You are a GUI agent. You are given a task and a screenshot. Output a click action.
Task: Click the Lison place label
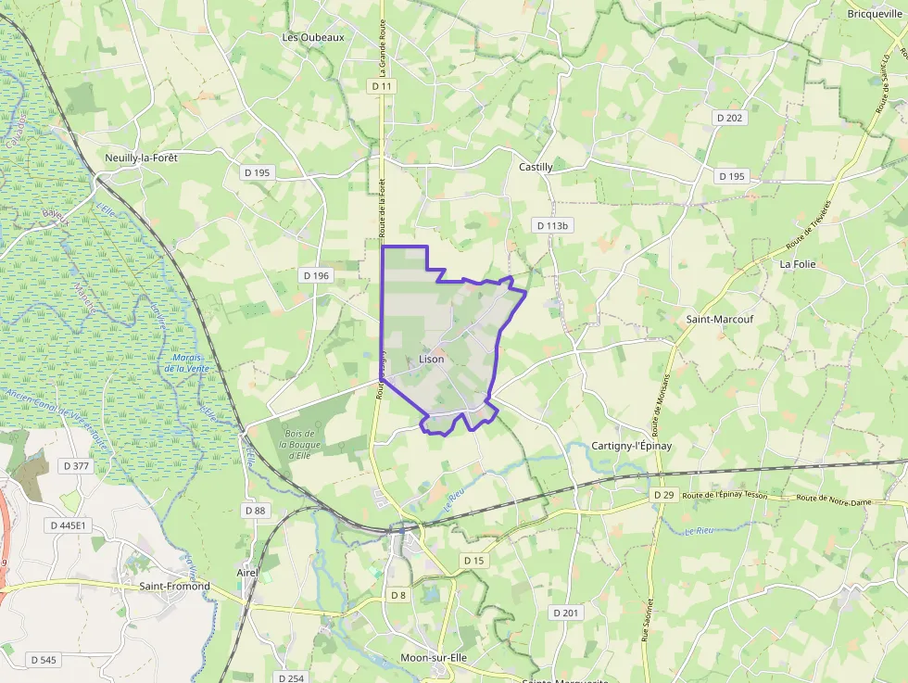tap(432, 359)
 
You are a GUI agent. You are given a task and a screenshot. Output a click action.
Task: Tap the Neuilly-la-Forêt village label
tap(141, 158)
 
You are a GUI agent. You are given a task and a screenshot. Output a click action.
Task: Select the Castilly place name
tap(536, 167)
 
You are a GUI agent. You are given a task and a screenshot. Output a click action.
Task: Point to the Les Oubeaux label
tap(313, 37)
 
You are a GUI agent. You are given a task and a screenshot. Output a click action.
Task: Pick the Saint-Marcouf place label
tap(719, 319)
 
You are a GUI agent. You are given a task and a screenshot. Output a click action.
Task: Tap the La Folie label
tap(797, 263)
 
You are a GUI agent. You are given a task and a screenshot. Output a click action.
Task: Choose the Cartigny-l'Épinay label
tap(631, 446)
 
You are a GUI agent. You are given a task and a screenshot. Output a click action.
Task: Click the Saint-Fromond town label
tap(174, 586)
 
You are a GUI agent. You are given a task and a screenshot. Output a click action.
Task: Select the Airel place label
tap(247, 573)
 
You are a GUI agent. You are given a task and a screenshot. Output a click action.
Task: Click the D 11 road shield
tap(382, 86)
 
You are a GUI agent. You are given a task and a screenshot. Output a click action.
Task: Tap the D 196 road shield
tap(316, 275)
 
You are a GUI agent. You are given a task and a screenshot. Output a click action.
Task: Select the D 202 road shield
tap(730, 118)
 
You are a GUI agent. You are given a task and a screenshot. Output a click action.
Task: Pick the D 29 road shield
tap(663, 495)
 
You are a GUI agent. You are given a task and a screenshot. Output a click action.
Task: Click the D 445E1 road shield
tap(68, 525)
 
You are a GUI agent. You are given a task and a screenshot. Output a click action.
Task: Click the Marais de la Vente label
tap(184, 363)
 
